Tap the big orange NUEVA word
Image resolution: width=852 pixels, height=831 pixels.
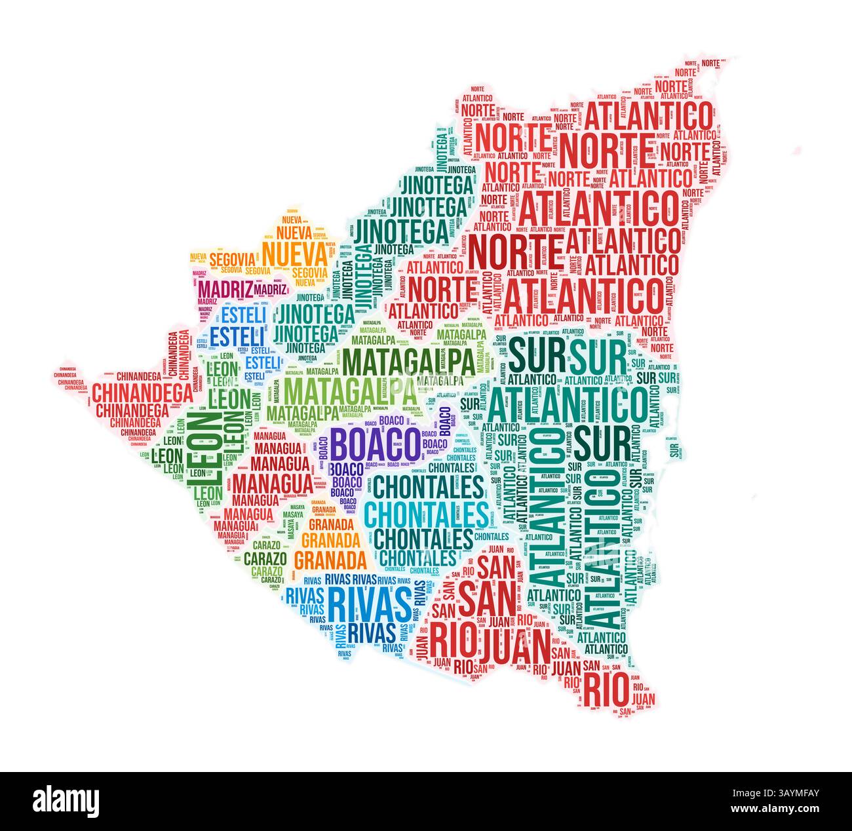(x=294, y=253)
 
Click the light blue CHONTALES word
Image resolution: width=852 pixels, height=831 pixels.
(x=426, y=514)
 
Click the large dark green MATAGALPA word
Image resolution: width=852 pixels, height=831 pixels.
(x=409, y=361)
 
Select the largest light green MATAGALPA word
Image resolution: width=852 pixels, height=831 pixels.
(x=351, y=391)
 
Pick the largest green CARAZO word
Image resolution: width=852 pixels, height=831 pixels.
(x=265, y=559)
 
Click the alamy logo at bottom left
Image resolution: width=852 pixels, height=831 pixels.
(x=66, y=800)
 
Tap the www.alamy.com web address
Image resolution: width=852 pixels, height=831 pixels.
(x=784, y=810)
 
